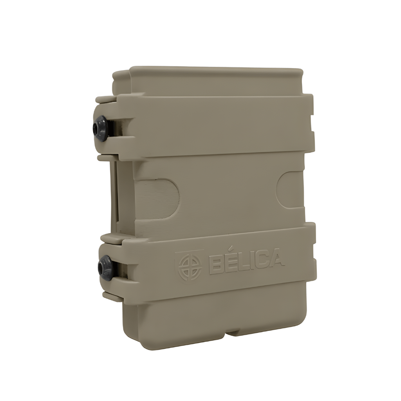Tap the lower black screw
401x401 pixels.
105,267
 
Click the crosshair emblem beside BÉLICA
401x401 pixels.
190,266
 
